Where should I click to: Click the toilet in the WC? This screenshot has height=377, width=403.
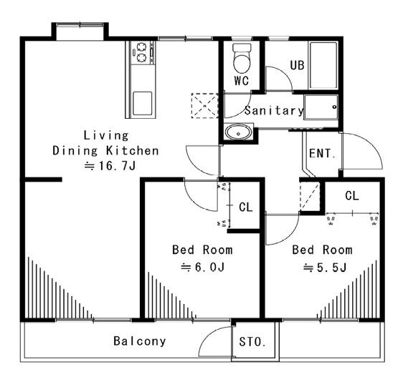pyautogui.click(x=242, y=58)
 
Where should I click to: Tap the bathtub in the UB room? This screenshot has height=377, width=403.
pyautogui.click(x=323, y=65)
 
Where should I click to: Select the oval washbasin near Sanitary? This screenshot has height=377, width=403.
pyautogui.click(x=238, y=132)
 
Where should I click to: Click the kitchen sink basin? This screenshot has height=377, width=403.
pyautogui.click(x=142, y=103)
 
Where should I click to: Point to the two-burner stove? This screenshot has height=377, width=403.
pyautogui.click(x=142, y=52)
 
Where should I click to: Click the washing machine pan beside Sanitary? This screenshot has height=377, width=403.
pyautogui.click(x=321, y=107)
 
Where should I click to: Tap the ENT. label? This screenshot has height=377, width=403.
pyautogui.click(x=322, y=154)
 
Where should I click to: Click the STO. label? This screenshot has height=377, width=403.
pyautogui.click(x=252, y=342)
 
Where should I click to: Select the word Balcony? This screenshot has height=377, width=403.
pyautogui.click(x=140, y=341)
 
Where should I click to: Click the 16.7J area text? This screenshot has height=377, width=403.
pyautogui.click(x=110, y=166)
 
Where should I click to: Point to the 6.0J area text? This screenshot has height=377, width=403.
pyautogui.click(x=203, y=268)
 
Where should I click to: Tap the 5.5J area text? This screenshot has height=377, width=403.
pyautogui.click(x=325, y=268)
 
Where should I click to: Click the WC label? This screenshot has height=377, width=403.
pyautogui.click(x=242, y=81)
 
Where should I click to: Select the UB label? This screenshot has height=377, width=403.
pyautogui.click(x=297, y=65)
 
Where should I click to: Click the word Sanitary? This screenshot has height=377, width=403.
pyautogui.click(x=274, y=110)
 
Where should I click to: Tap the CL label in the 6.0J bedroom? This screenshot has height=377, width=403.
pyautogui.click(x=246, y=207)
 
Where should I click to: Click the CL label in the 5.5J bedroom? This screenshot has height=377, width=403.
pyautogui.click(x=352, y=196)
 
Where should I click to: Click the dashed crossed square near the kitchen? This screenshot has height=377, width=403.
pyautogui.click(x=205, y=106)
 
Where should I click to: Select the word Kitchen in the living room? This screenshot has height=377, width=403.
pyautogui.click(x=133, y=151)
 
